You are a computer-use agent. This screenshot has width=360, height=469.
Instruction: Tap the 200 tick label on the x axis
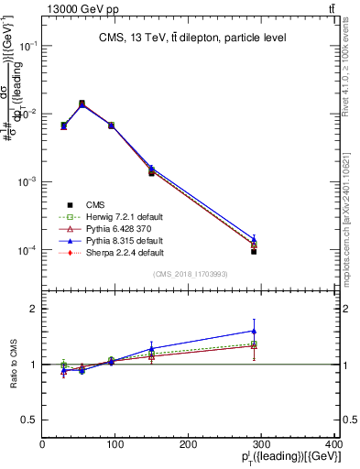pyautogui.click(x=189, y=445)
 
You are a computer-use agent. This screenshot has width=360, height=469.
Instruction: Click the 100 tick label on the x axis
pyautogui.click(x=115, y=445)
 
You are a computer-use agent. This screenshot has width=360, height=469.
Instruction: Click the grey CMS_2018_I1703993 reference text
pyautogui.click(x=190, y=273)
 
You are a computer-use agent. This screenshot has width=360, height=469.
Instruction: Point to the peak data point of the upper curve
pyautogui.click(x=82, y=104)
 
